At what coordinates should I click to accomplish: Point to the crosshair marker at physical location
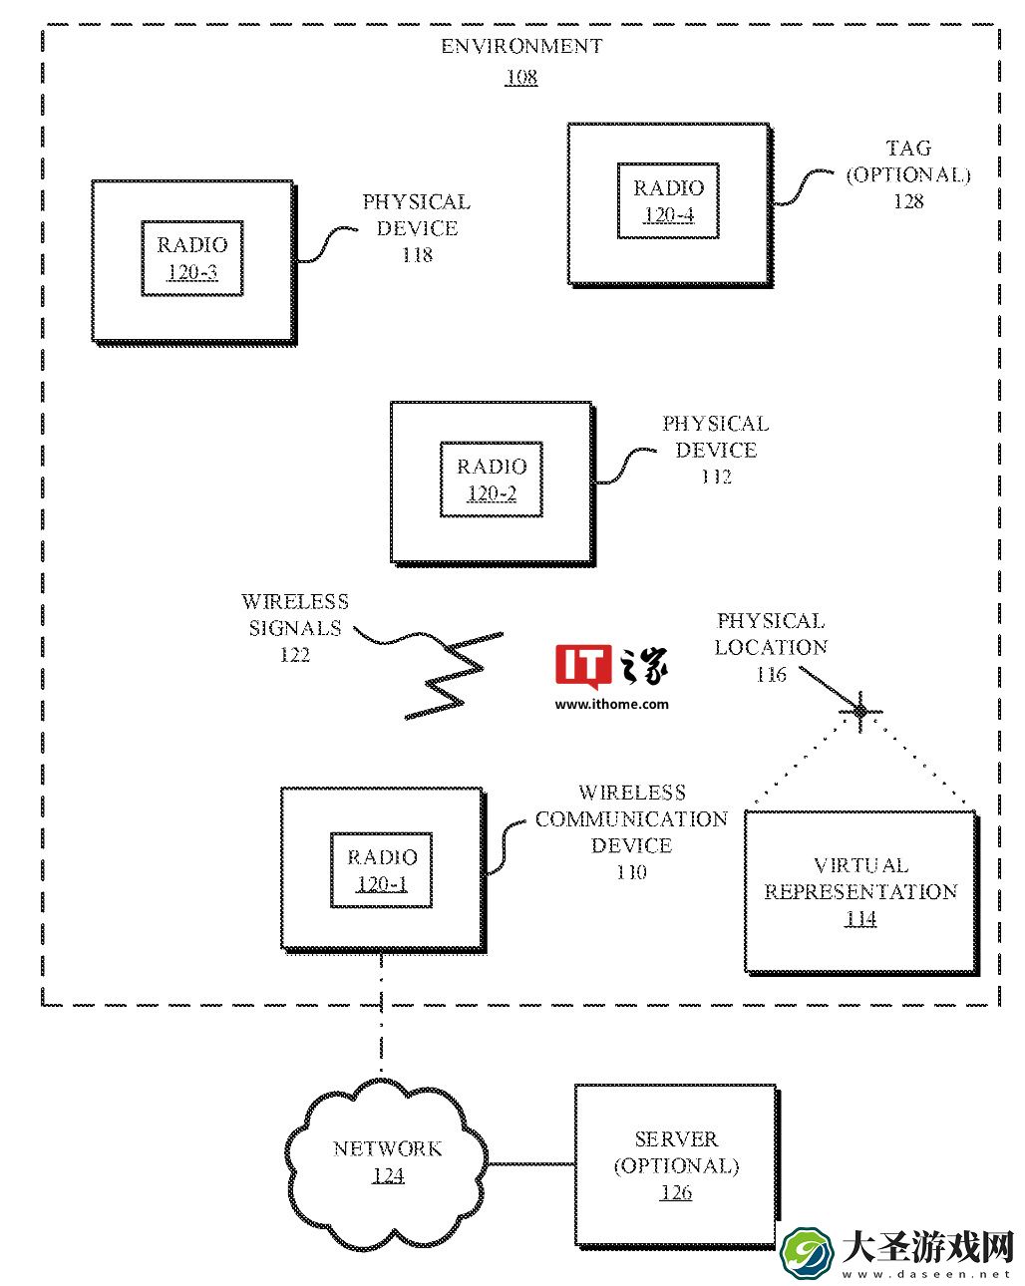[860, 711]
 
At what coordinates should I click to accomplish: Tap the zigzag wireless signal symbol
[455, 675]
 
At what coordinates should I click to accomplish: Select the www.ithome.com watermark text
[611, 704]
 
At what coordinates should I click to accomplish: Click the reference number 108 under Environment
[521, 77]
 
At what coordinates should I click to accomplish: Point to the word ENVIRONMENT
[521, 46]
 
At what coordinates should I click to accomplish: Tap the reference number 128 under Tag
[908, 201]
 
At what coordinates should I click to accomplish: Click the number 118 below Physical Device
[417, 255]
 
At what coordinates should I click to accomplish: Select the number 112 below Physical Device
[716, 477]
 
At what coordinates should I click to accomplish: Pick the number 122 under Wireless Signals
[295, 654]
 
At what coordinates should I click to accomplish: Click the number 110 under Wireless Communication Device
[631, 872]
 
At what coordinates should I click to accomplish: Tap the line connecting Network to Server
[531, 1163]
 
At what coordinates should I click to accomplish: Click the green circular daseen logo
[807, 1252]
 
